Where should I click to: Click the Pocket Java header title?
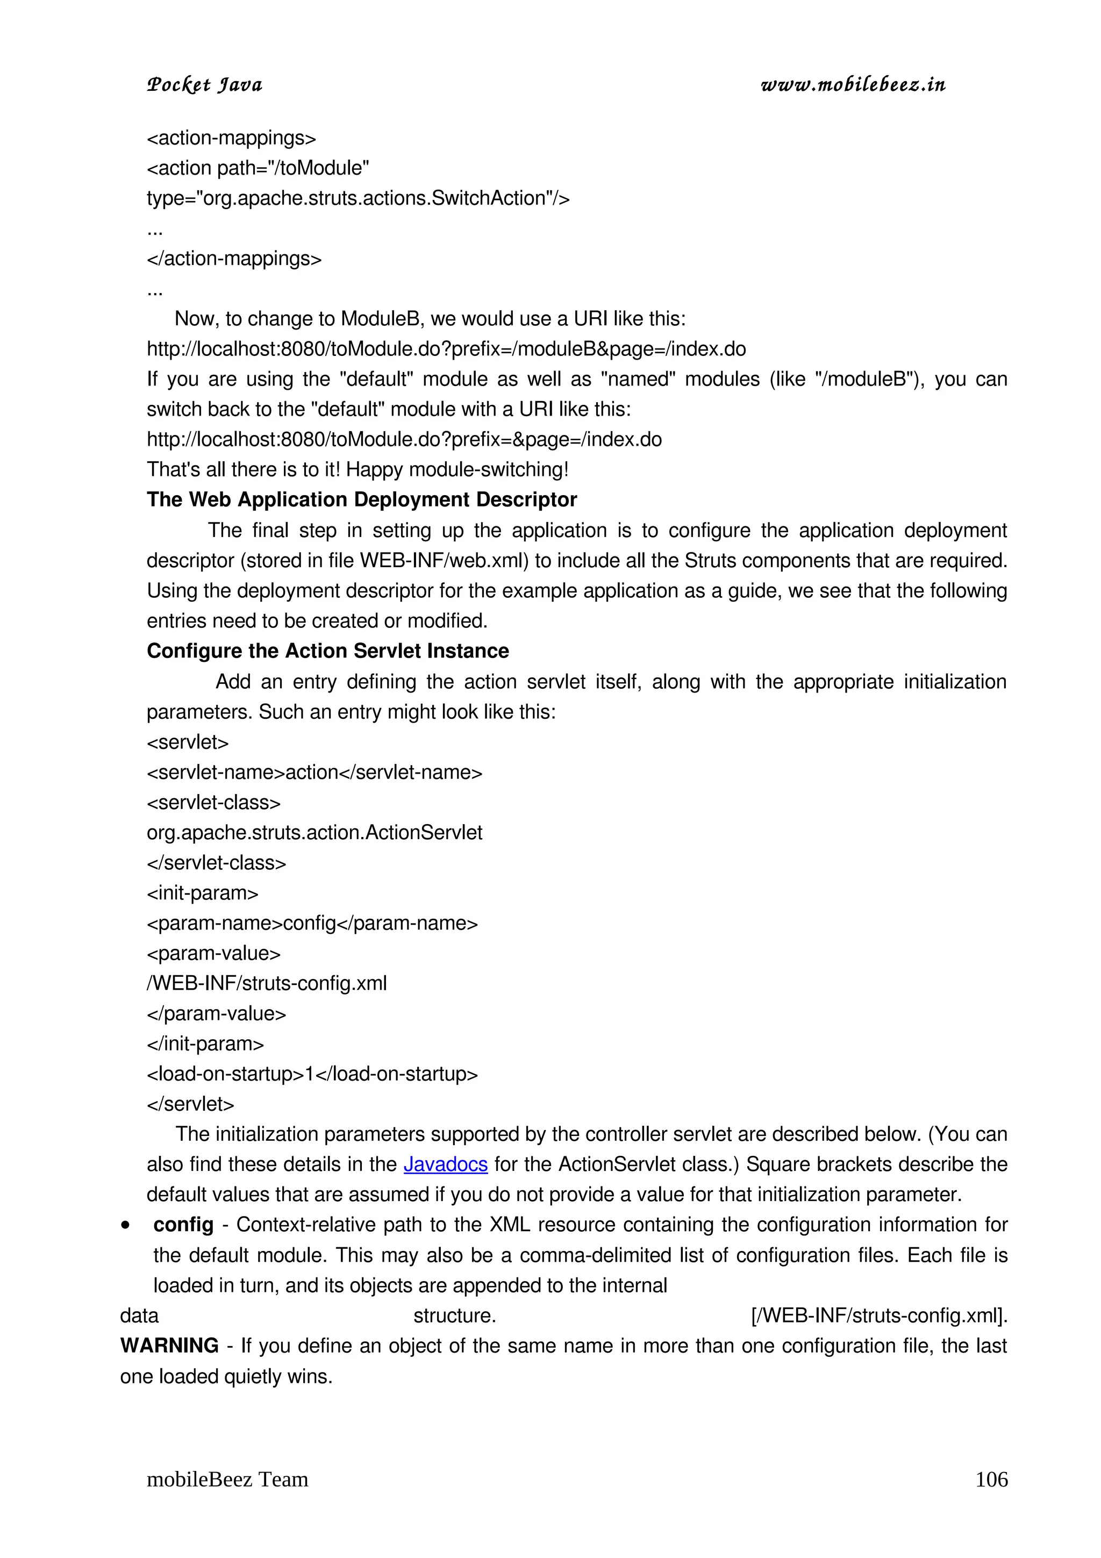click(204, 85)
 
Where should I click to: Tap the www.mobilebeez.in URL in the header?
click(853, 85)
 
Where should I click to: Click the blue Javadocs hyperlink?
click(445, 1164)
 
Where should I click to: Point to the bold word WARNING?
click(169, 1346)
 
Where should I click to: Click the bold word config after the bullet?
click(183, 1225)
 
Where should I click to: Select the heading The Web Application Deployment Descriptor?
click(362, 500)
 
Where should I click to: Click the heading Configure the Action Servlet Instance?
click(327, 652)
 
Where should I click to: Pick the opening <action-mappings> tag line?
click(231, 138)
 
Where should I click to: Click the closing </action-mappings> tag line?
click(234, 259)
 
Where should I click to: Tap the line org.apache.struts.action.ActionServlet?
click(314, 833)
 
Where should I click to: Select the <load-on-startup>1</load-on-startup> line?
click(312, 1074)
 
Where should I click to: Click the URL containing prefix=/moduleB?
click(446, 349)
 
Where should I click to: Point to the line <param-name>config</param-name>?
click(312, 924)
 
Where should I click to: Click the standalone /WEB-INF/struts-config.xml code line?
click(267, 984)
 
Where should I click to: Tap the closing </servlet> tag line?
click(191, 1104)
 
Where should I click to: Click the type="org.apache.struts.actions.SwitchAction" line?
click(358, 199)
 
